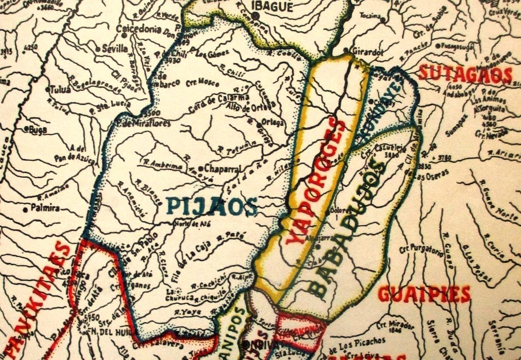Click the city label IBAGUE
pos(274,7)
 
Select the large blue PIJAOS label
pos(211,206)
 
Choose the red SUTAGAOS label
pos(464,75)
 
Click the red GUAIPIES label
pos(424,294)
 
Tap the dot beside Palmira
pos(26,209)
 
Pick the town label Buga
pos(38,130)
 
